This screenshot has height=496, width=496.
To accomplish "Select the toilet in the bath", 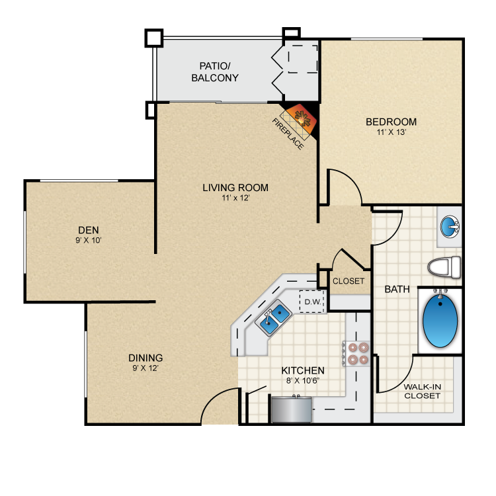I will tap(443, 267).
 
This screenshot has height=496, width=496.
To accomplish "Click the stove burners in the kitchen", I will tap(357, 353).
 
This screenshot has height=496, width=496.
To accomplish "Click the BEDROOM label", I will tap(391, 122).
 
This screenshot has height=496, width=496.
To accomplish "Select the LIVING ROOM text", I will tap(235, 187).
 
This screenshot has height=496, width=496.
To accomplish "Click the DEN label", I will tap(88, 229).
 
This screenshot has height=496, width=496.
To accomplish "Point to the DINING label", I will tap(145, 358).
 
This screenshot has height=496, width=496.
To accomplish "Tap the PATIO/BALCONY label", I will tap(215, 71).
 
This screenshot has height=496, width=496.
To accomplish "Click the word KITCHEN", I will tap(303, 370).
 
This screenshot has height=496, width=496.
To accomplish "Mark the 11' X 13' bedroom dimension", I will tap(391, 132).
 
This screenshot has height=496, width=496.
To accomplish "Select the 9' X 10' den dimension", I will tap(88, 240).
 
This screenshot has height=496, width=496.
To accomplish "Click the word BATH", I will tap(397, 289).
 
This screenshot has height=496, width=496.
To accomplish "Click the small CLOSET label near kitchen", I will tap(349, 280).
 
